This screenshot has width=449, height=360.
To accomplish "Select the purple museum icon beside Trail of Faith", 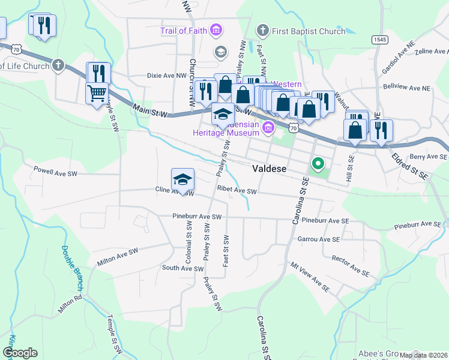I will click(x=216, y=30).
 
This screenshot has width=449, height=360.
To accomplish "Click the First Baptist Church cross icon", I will click(x=262, y=30).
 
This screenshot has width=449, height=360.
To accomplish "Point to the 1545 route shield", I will click(x=379, y=40).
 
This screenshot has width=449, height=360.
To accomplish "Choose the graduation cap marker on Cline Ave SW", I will click(x=182, y=179).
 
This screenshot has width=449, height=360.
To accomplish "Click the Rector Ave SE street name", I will click(x=350, y=265).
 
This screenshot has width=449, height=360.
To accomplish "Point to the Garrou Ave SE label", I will click(x=318, y=239).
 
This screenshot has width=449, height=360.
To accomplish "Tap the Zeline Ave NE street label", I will click(x=424, y=52).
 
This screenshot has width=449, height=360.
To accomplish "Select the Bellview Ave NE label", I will click(x=408, y=88).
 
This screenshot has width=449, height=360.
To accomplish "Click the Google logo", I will click(x=20, y=353).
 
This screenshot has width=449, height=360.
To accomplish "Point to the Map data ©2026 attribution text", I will click(x=423, y=355).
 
